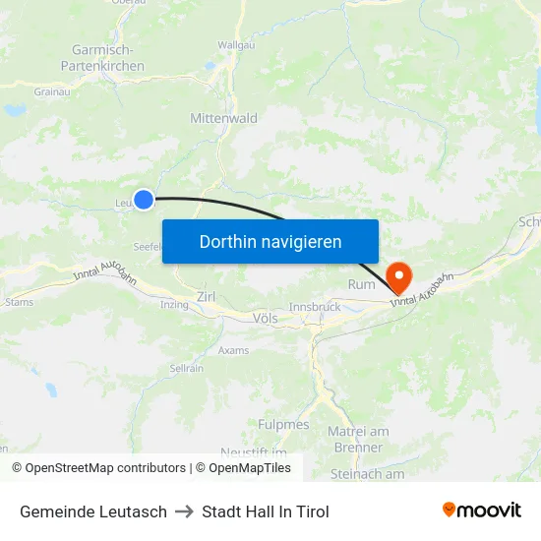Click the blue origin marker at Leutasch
pos(144,200)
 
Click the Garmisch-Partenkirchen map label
pos(108,58)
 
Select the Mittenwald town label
pos(223,118)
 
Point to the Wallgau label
pos(236,45)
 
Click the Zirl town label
pos(206,296)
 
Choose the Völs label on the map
pos(266,318)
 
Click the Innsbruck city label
pos(314,307)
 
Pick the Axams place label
pos(233,349)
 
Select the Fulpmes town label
pos(284,425)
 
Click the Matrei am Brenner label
pos(357,439)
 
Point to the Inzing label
pos(174,305)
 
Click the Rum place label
pos(361,284)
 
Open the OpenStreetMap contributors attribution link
pos(98,468)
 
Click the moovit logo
pos(482,511)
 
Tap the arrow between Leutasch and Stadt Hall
pos(184,511)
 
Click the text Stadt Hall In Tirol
pos(266,511)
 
